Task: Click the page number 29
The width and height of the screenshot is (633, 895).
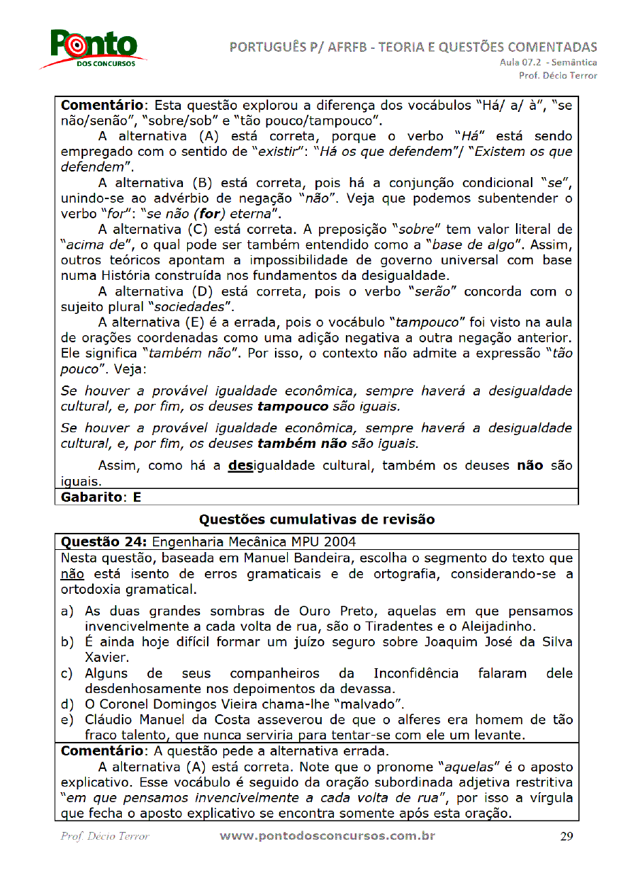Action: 566,836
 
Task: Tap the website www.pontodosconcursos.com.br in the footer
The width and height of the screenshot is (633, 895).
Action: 327,835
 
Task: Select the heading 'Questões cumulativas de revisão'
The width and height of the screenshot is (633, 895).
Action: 316,519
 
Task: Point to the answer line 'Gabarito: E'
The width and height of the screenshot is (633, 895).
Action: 101,497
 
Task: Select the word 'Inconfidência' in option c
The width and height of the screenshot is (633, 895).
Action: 414,672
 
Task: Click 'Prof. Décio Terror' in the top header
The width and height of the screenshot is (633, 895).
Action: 558,75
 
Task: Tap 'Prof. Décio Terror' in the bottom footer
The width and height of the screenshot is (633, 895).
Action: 105,836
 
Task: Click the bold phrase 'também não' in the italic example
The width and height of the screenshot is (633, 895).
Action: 302,444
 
